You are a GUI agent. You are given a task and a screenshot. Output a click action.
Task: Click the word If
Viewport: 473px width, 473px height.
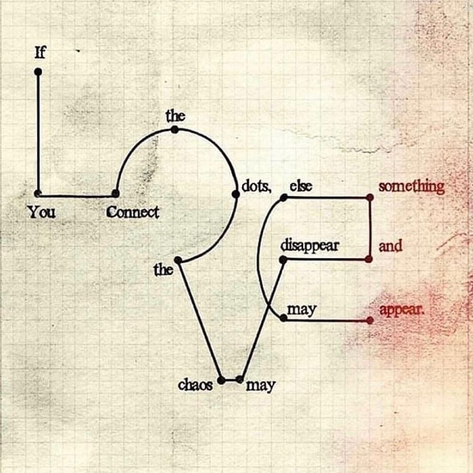pos(39,54)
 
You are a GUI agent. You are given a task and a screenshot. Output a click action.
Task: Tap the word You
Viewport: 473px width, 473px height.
pos(42,213)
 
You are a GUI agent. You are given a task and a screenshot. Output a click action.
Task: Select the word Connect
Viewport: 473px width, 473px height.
pos(133,213)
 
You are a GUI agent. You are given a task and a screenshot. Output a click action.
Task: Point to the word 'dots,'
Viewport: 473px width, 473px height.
pos(256,186)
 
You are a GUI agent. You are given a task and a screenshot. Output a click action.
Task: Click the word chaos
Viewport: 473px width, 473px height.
pos(195,385)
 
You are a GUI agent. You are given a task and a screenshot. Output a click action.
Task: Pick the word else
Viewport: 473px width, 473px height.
pos(301,186)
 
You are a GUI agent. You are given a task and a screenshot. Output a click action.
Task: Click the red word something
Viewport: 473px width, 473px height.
pos(411,187)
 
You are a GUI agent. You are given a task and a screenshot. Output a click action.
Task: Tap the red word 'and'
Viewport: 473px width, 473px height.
pos(391,246)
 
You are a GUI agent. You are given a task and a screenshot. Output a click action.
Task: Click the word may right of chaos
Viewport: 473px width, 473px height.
pos(260,386)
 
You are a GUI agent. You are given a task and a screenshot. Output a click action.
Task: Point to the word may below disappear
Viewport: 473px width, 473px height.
pos(302,310)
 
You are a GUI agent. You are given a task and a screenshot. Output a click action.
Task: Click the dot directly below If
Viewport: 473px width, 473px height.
pos(38,72)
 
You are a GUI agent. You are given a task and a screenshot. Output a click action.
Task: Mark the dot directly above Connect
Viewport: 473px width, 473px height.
pos(116,194)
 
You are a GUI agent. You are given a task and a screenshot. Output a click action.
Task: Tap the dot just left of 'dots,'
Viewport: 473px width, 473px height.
pos(235,194)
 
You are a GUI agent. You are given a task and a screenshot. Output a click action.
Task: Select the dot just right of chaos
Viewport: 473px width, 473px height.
pos(239,379)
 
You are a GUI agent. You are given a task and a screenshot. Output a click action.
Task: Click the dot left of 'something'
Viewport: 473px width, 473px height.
pos(370,197)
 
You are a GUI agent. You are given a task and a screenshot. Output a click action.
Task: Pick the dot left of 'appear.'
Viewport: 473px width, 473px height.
pos(370,320)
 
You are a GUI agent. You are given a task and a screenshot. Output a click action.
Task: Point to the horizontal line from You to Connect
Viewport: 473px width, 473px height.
pos(77,194)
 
